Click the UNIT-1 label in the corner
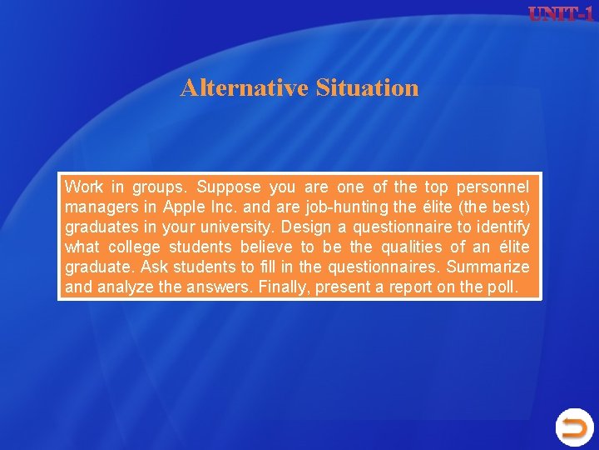(x=561, y=14)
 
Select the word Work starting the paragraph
(x=83, y=186)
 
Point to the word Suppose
(x=229, y=186)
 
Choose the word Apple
(x=187, y=206)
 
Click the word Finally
(x=283, y=287)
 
